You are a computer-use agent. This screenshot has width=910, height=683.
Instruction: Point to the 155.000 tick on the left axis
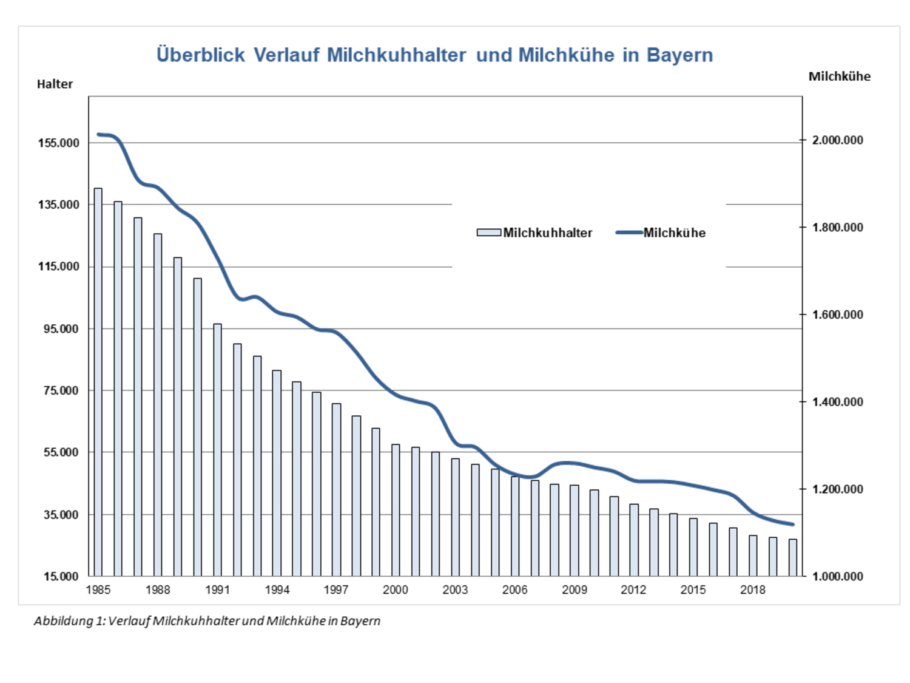click(x=59, y=143)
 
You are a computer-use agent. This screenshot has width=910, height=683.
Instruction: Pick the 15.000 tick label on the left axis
click(x=61, y=576)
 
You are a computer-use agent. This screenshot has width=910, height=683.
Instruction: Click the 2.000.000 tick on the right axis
click(x=837, y=140)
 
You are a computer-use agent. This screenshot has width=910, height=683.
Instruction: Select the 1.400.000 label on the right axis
click(x=837, y=402)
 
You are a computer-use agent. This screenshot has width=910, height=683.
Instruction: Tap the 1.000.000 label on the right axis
click(x=837, y=576)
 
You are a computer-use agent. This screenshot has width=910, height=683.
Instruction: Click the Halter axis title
click(x=55, y=84)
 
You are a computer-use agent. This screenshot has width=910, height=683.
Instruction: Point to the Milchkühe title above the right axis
click(x=839, y=76)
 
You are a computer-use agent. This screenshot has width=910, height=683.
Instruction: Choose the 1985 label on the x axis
click(x=98, y=590)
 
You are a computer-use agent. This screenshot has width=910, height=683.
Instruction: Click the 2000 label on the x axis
click(x=396, y=590)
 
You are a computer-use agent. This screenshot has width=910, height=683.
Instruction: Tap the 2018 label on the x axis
click(x=752, y=590)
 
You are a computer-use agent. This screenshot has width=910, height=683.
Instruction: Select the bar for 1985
click(x=98, y=382)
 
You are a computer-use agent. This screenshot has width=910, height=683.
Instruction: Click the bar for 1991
click(x=217, y=449)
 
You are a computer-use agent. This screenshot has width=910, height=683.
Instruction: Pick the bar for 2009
click(x=575, y=531)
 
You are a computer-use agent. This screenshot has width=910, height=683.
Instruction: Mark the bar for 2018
click(x=753, y=556)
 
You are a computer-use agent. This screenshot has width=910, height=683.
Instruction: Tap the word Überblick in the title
click(x=200, y=55)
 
